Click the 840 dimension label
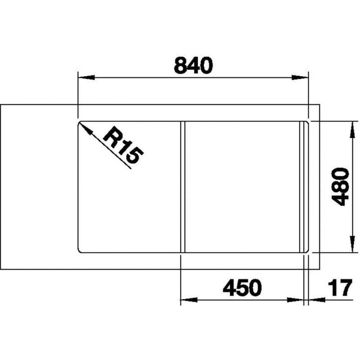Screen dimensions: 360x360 pyautogui.click(x=193, y=65)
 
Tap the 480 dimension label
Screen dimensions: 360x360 pyautogui.click(x=342, y=186)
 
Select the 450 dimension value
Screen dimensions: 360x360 pyautogui.click(x=242, y=288)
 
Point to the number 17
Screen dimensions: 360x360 pyautogui.click(x=340, y=288)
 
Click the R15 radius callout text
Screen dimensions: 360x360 pyautogui.click(x=123, y=148)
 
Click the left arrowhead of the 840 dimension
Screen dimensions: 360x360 pyautogui.click(x=86, y=77)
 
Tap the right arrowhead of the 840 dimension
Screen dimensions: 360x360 pyautogui.click(x=300, y=77)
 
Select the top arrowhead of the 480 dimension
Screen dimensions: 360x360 pyautogui.click(x=351, y=130)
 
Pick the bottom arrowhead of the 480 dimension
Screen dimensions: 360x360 pyautogui.click(x=351, y=244)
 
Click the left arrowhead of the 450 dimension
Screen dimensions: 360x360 pyautogui.click(x=189, y=300)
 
